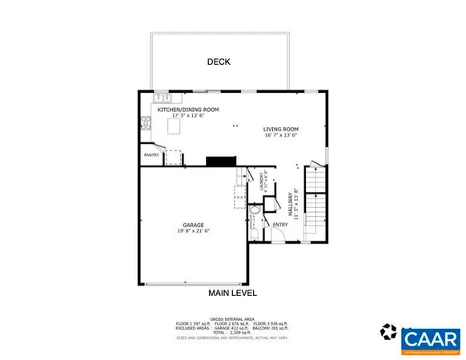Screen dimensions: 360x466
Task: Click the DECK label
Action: point(219,62)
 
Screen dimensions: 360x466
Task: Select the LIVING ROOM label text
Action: point(281,129)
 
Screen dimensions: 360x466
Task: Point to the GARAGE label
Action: point(193,225)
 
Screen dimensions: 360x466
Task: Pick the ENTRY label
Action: point(280,225)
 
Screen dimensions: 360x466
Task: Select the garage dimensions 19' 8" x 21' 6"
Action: point(193,231)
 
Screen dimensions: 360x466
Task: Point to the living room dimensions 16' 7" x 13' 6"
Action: point(281,135)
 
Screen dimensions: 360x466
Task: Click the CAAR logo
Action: point(431,338)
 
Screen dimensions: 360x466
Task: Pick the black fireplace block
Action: point(219,161)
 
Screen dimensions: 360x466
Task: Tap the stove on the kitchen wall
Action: point(146,122)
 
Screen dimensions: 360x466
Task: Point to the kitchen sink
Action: point(162,96)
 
